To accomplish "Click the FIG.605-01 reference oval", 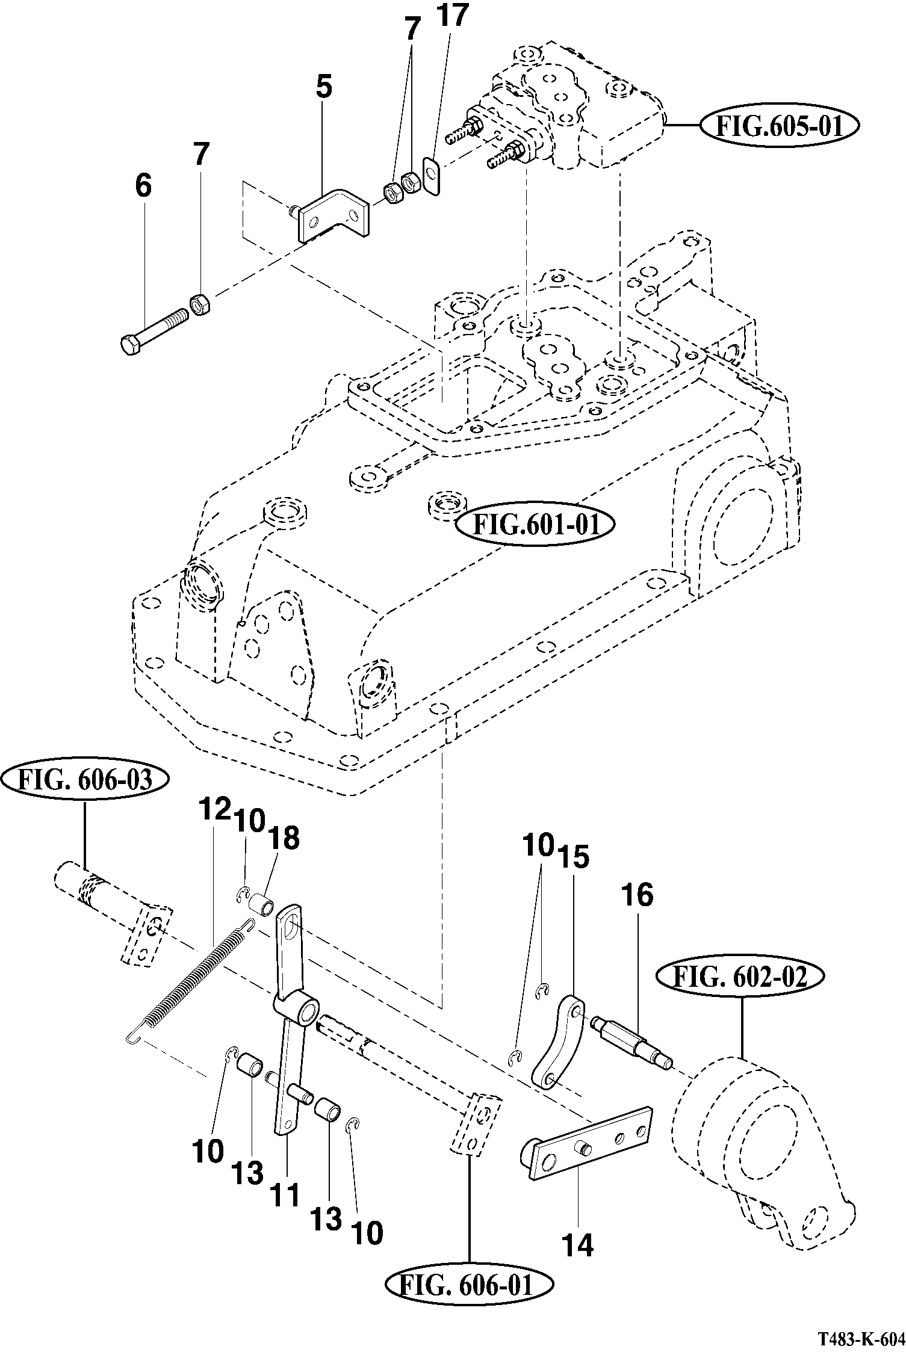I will point(780,126).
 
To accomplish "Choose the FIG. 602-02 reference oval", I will point(740,978).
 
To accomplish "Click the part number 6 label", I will point(143,185).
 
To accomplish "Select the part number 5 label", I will point(323,87).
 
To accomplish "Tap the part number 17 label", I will point(453,16).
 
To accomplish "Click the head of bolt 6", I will point(130,346).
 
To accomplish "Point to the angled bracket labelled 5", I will point(335,215).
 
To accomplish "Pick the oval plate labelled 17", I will point(431,175).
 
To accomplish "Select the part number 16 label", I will point(638,895).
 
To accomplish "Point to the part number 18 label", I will point(285,838).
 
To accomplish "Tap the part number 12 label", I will point(216,809).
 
